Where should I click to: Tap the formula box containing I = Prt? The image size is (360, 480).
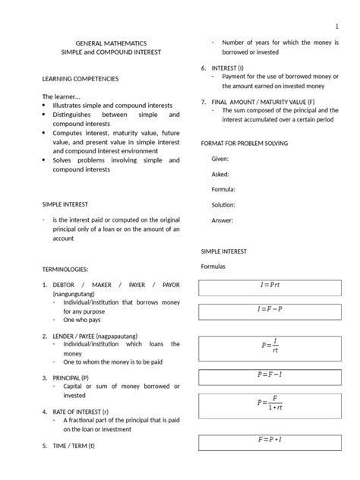(269, 286)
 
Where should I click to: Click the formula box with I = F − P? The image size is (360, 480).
(269, 311)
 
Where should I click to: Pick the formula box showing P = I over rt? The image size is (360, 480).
(269, 345)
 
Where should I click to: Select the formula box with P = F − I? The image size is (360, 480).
(269, 375)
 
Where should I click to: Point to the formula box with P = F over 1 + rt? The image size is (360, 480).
(269, 406)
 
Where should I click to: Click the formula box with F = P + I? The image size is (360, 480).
(269, 441)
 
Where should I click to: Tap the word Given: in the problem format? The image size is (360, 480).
(219, 159)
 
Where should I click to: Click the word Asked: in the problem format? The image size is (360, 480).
(219, 174)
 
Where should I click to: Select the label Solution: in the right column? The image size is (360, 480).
(223, 205)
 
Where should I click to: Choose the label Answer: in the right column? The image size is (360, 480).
(222, 220)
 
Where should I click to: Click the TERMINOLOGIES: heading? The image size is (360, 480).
(65, 269)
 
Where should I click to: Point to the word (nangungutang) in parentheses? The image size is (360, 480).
(74, 292)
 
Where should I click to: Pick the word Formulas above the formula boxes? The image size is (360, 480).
(215, 267)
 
